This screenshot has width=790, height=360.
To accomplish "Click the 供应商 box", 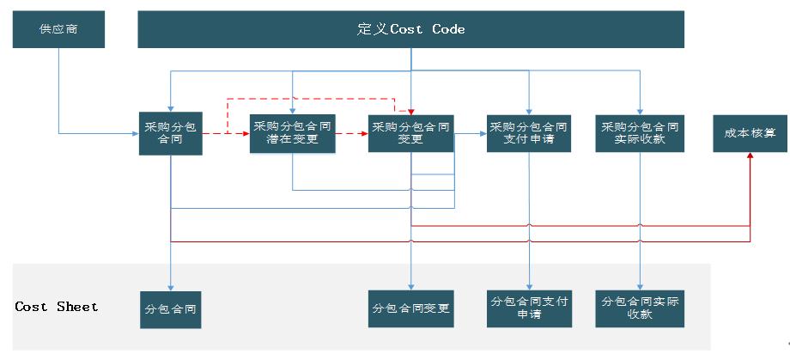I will (x=58, y=29).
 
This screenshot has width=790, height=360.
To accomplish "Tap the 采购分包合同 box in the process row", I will (x=170, y=133).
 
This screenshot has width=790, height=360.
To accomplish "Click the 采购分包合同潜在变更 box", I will (x=292, y=133).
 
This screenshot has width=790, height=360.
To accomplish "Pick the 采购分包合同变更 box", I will (x=410, y=133).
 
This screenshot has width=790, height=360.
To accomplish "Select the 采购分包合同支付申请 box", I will (x=529, y=133).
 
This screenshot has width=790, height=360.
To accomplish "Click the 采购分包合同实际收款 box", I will (x=640, y=133).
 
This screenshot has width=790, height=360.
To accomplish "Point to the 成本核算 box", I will (x=750, y=133).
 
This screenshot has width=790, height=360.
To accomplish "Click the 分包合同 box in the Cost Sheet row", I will (x=170, y=308).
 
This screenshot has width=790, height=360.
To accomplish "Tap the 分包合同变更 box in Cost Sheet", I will (x=410, y=308).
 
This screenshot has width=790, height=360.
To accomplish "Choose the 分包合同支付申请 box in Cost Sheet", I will (x=529, y=308).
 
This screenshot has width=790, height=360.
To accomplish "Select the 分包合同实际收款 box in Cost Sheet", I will (x=640, y=308).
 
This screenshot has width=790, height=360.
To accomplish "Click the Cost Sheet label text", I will (x=57, y=307).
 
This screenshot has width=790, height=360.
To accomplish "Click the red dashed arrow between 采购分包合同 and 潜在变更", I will (x=225, y=134).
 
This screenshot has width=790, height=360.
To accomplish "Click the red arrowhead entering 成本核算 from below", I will (x=750, y=158).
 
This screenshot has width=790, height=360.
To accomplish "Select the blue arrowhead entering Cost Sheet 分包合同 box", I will (x=170, y=287).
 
